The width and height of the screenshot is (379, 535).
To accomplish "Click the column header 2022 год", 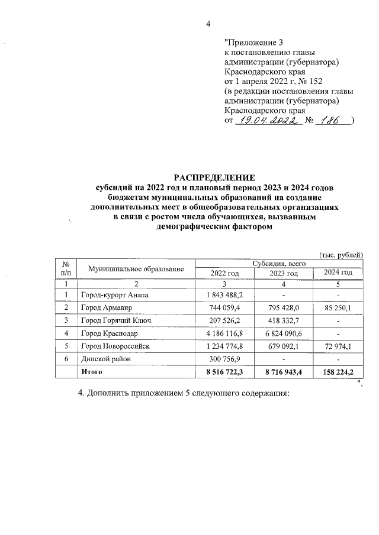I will click(x=224, y=273).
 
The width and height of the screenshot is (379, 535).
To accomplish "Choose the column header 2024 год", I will click(x=339, y=273).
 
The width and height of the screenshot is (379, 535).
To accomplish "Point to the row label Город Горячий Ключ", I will click(x=115, y=320).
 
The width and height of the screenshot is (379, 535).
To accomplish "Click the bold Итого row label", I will click(x=92, y=372).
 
